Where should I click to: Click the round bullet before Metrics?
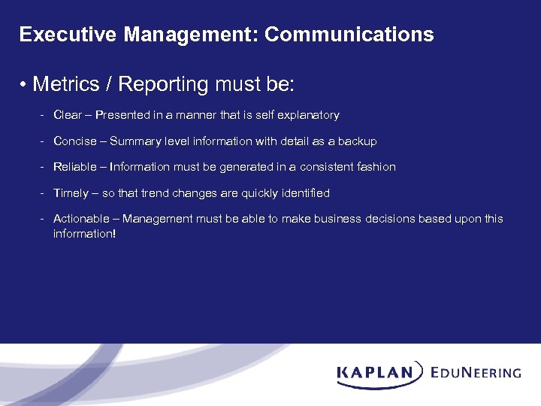pyautogui.click(x=25, y=85)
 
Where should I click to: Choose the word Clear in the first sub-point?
pyautogui.click(x=67, y=115)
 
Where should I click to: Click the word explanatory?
pyautogui.click(x=309, y=115)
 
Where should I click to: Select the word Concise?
pyautogui.click(x=74, y=141)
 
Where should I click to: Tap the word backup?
pyautogui.click(x=358, y=141)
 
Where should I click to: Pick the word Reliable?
pyautogui.click(x=74, y=167)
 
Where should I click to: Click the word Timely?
pyautogui.click(x=71, y=193)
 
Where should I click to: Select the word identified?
pyautogui.click(x=304, y=193)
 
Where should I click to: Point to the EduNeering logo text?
pyautogui.click(x=476, y=372)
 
